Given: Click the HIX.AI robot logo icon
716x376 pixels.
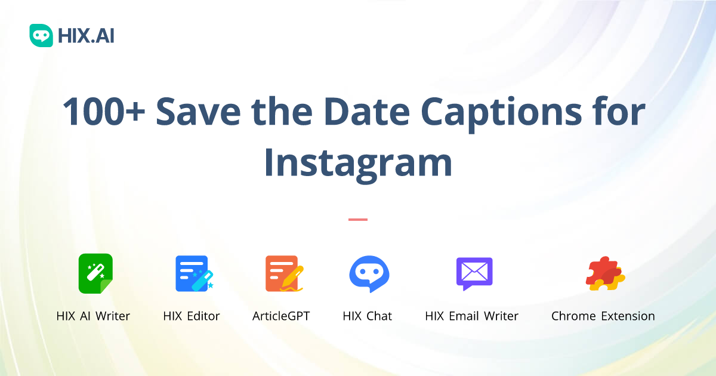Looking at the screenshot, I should pyautogui.click(x=41, y=36).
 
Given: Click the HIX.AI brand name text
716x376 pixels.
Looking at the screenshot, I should pyautogui.click(x=86, y=36).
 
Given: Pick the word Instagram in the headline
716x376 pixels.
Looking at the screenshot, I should pyautogui.click(x=358, y=162).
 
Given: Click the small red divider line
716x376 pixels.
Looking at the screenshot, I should pyautogui.click(x=358, y=220).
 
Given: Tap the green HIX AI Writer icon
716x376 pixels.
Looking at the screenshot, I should pyautogui.click(x=95, y=273).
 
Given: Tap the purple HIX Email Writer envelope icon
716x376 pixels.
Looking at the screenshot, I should pyautogui.click(x=474, y=273).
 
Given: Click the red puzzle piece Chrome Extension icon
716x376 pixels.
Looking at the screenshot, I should pyautogui.click(x=604, y=273).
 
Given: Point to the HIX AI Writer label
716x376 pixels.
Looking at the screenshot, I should pyautogui.click(x=93, y=316).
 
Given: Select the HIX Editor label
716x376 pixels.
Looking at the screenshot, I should pyautogui.click(x=192, y=316).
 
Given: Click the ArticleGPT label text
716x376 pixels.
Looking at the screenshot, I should pyautogui.click(x=281, y=316).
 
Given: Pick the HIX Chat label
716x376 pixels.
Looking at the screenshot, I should pyautogui.click(x=368, y=316).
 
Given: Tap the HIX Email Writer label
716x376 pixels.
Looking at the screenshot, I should pyautogui.click(x=471, y=316).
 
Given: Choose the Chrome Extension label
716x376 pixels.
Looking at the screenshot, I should pyautogui.click(x=603, y=316).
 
